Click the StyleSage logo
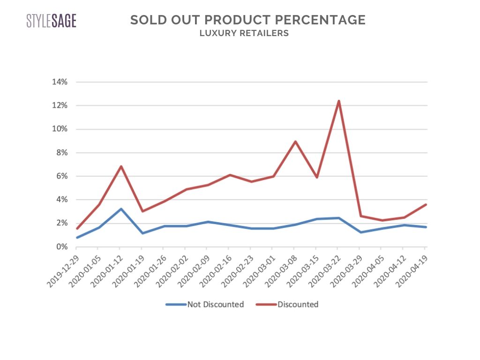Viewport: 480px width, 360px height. coord(51,21)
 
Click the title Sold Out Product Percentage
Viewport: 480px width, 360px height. coord(247,20)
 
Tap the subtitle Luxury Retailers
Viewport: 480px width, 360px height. coord(244,33)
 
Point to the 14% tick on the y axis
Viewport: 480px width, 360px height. coord(60,82)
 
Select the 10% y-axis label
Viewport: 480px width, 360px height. coord(60,129)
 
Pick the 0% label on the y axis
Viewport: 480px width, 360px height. coord(62,247)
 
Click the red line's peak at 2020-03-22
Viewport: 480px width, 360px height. coord(338,101)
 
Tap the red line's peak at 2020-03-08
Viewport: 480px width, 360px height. coord(294,142)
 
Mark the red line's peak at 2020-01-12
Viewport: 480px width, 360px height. coord(120,166)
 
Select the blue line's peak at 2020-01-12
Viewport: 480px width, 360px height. coord(120,209)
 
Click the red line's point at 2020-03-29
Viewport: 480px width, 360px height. coord(360,216)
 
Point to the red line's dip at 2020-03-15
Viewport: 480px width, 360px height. coord(316,177)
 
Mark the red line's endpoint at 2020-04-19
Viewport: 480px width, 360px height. coord(425,204)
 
